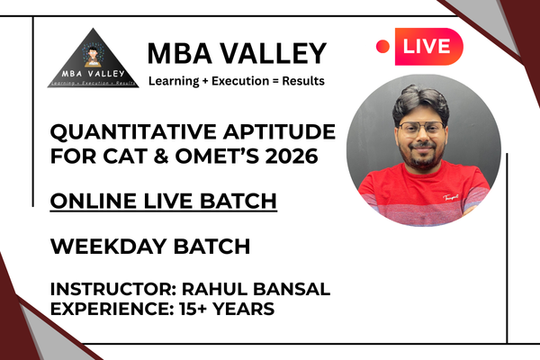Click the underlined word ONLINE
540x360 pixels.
tap(85, 201)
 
